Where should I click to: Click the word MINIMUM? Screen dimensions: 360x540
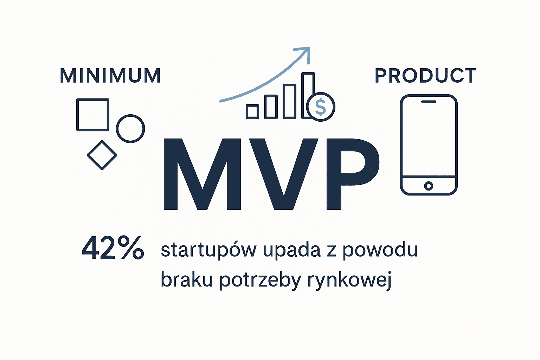click(x=110, y=76)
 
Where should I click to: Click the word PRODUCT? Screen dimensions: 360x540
click(x=425, y=76)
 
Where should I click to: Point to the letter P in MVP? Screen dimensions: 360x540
click(x=352, y=174)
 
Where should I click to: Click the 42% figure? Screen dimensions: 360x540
click(x=113, y=248)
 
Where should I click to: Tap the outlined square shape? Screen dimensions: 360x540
click(x=93, y=115)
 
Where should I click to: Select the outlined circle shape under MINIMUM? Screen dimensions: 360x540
click(x=130, y=129)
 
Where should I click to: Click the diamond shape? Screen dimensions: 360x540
click(x=102, y=155)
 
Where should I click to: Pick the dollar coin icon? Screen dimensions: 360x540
click(x=321, y=107)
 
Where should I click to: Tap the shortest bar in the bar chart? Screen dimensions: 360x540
click(x=252, y=111)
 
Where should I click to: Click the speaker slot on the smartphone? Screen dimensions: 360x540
click(x=429, y=102)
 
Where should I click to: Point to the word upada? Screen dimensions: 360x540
click(x=291, y=250)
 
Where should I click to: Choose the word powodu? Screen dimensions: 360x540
click(x=380, y=250)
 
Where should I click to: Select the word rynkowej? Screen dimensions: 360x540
click(x=349, y=280)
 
